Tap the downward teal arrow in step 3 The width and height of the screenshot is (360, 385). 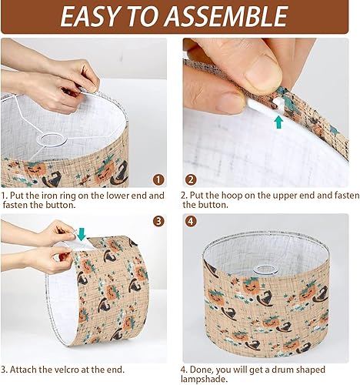[x=82, y=233]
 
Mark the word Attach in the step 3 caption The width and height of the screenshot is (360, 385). [x=28, y=369]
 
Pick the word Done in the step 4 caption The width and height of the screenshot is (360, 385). [x=205, y=369]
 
